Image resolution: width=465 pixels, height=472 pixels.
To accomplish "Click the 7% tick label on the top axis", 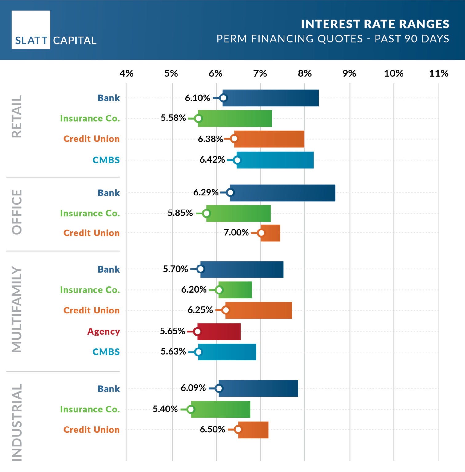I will [x=260, y=73].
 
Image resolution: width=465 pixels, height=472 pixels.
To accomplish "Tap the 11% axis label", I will [x=439, y=73].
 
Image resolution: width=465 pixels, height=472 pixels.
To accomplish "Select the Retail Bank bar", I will [x=271, y=98].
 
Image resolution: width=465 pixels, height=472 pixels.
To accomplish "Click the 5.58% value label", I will [x=173, y=118].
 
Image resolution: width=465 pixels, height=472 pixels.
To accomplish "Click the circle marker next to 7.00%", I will [x=261, y=233].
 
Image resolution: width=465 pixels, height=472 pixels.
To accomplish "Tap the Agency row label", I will [x=103, y=332].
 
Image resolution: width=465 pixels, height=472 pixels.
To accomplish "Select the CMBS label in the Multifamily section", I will [x=106, y=352].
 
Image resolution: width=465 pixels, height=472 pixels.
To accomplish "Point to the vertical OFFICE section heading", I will [x=17, y=212].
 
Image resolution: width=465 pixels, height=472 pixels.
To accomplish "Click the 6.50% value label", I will [x=212, y=429].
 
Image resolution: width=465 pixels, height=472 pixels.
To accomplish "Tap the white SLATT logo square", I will [x=31, y=30].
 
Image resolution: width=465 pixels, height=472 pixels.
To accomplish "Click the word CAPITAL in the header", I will [x=74, y=41].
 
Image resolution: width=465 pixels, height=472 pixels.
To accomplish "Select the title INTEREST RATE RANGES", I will [x=375, y=24].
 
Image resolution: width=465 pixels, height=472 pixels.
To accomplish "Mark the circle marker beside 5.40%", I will [x=191, y=409].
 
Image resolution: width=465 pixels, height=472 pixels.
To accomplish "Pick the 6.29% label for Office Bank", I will [x=206, y=192].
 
